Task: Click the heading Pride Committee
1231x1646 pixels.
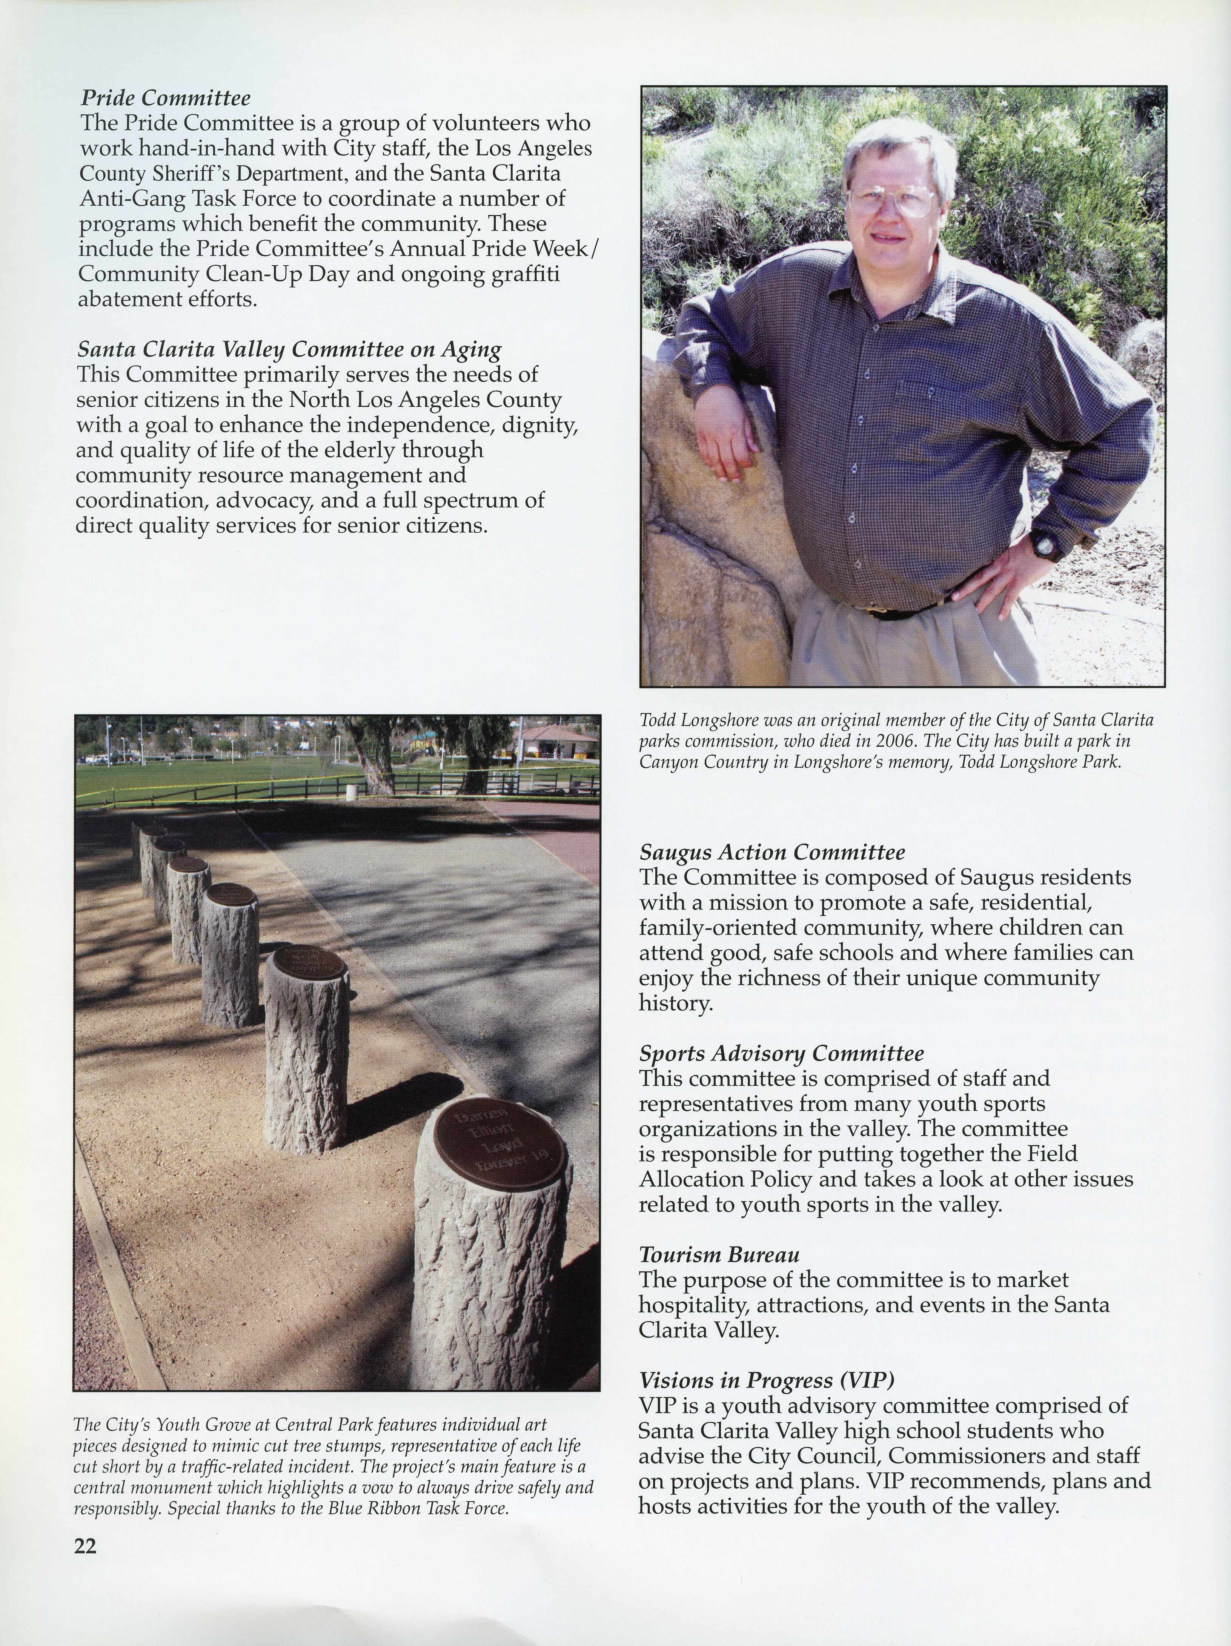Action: click(165, 97)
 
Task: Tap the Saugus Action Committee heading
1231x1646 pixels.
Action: click(772, 852)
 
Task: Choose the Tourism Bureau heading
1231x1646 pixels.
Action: click(719, 1255)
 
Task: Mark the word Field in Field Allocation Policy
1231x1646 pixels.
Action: click(1053, 1154)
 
